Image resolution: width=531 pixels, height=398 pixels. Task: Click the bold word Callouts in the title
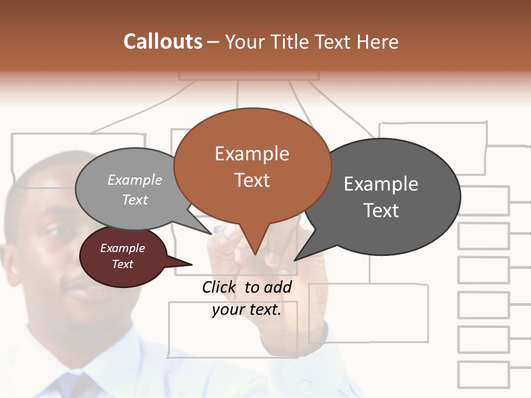pyautogui.click(x=163, y=41)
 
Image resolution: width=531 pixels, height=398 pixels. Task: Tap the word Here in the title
pyautogui.click(x=378, y=41)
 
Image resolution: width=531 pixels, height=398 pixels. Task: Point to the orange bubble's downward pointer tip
pyautogui.click(x=255, y=254)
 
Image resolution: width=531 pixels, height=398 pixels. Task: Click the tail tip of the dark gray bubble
pyautogui.click(x=295, y=259)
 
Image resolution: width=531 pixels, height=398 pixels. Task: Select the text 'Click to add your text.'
pyautogui.click(x=247, y=298)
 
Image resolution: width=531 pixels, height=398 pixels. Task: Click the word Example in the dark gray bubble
pyautogui.click(x=381, y=184)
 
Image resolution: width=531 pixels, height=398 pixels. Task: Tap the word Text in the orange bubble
pyautogui.click(x=252, y=180)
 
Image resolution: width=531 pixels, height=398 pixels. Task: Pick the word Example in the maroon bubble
pyautogui.click(x=122, y=248)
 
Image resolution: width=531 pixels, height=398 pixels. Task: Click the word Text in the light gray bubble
pyautogui.click(x=135, y=200)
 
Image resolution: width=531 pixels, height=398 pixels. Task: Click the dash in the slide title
pyautogui.click(x=214, y=41)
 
